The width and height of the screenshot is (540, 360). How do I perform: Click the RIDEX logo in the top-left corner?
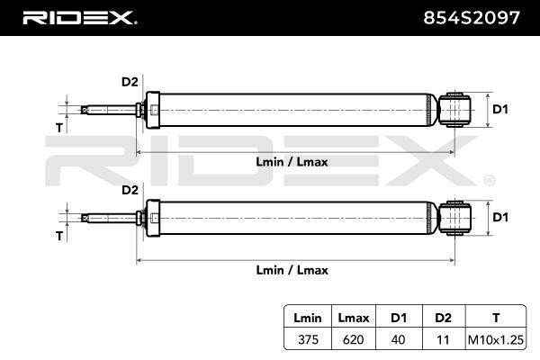(x=78, y=17)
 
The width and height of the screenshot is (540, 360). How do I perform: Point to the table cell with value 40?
(x=397, y=340)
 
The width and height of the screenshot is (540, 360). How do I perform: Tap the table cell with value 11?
(x=441, y=340)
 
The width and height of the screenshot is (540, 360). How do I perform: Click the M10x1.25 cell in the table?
(x=494, y=340)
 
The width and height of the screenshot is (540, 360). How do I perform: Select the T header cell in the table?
(x=494, y=318)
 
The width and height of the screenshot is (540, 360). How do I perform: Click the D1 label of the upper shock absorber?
(x=501, y=110)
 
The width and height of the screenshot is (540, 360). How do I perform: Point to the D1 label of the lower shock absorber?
(x=501, y=217)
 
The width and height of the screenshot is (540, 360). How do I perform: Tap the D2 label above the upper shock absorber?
(x=130, y=83)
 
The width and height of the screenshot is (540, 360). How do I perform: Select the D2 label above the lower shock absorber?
(x=130, y=190)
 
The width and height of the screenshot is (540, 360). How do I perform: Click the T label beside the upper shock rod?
(x=59, y=128)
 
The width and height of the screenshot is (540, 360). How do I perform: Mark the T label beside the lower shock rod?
(x=59, y=236)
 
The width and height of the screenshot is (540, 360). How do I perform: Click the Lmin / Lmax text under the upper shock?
(x=292, y=163)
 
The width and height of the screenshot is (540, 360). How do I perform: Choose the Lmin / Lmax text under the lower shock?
(x=292, y=270)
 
